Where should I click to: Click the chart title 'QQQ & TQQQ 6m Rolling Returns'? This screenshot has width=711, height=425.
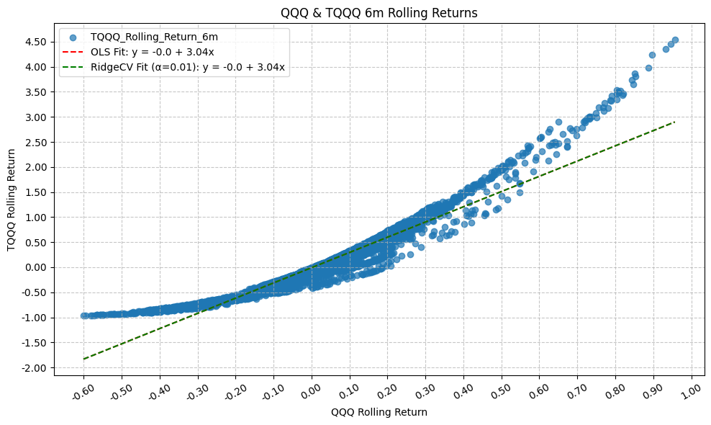click(355, 13)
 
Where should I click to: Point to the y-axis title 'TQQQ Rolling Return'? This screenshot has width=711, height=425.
click(12, 200)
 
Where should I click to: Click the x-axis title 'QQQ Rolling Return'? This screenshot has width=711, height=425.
click(379, 412)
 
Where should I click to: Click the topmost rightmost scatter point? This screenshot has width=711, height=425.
click(675, 40)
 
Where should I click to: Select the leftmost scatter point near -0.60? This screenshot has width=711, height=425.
click(83, 316)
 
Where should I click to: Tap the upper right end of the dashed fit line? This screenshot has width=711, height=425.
click(674, 122)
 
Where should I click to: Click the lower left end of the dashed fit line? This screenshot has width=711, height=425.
click(83, 359)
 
